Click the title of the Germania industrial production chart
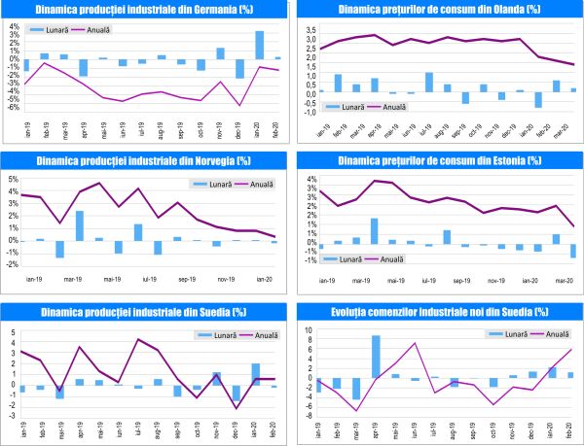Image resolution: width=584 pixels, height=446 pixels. click(x=142, y=10)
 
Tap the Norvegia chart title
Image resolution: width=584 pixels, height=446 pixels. click(x=142, y=161)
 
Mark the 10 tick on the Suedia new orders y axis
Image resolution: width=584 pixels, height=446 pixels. click(x=310, y=330)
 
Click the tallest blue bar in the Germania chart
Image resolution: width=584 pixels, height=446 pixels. click(x=260, y=45)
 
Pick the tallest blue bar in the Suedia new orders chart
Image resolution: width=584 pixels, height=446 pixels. click(x=376, y=357)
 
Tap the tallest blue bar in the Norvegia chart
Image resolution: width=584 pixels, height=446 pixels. click(x=79, y=225)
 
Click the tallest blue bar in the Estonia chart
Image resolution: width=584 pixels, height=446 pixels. click(x=374, y=231)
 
